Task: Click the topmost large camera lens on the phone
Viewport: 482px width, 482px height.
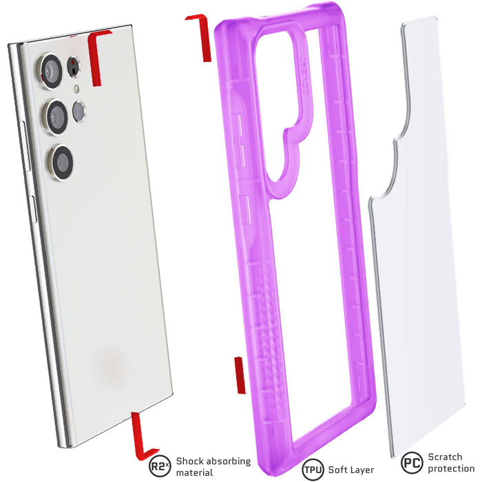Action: pos(50,71)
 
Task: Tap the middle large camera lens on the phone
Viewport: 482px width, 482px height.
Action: pos(56,117)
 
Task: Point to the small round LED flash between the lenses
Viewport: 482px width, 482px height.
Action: pos(76,89)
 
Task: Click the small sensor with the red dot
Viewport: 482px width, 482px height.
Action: pos(74,66)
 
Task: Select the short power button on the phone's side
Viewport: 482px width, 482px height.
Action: pos(34,209)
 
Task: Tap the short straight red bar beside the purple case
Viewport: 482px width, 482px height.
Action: pos(240,375)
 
